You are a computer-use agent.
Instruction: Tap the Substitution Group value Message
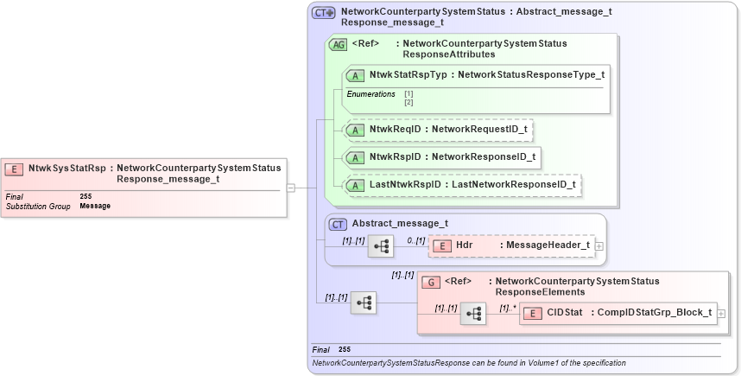point(95,206)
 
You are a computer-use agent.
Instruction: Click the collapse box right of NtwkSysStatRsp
point(291,187)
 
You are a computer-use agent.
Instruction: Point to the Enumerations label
point(371,93)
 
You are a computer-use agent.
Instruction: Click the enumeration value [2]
point(408,102)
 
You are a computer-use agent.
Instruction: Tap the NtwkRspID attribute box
point(443,157)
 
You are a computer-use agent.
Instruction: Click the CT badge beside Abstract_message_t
point(339,224)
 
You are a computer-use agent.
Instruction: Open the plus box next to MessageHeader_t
point(599,246)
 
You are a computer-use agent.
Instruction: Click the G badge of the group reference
point(429,283)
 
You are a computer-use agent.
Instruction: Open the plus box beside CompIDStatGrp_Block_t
point(721,313)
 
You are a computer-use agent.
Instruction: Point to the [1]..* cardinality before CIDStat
point(508,308)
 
